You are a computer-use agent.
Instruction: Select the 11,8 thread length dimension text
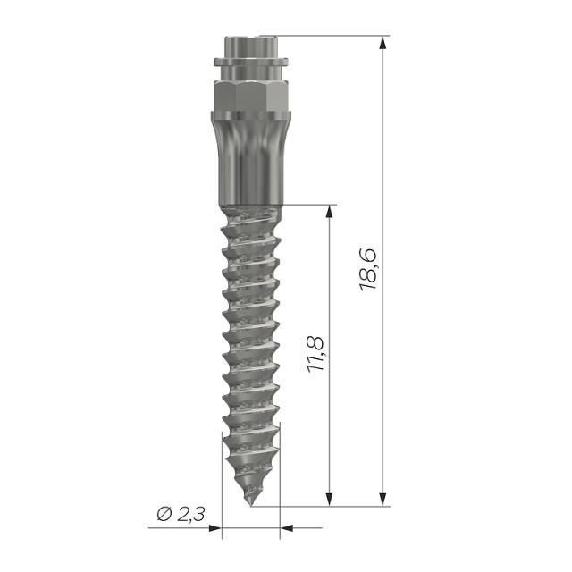(315, 355)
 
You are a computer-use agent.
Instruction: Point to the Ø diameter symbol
(164, 514)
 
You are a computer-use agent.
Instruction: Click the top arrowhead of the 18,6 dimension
(383, 42)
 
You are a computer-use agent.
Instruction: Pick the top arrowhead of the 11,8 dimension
(331, 212)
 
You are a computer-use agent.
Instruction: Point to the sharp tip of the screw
(249, 503)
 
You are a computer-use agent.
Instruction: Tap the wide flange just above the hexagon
(250, 63)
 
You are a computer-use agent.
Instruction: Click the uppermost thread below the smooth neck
(250, 214)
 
